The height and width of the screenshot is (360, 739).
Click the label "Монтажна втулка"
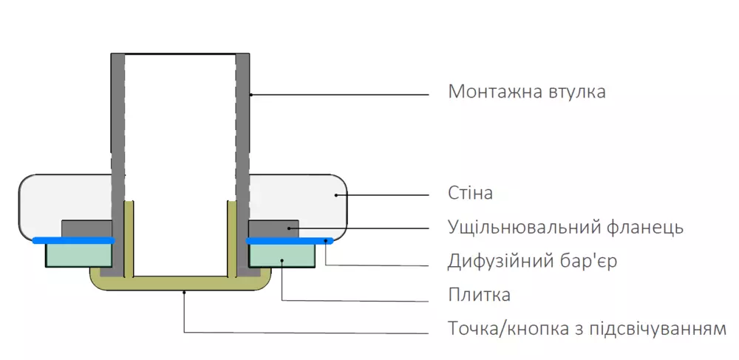pyautogui.click(x=527, y=92)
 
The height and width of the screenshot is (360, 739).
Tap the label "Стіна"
pyautogui.click(x=470, y=194)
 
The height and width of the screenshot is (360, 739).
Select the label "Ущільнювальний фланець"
pyautogui.click(x=565, y=227)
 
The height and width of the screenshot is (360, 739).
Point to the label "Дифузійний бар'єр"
pyautogui.click(x=532, y=262)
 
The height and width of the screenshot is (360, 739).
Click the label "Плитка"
pyautogui.click(x=479, y=295)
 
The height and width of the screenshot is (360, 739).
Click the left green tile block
pyautogui.click(x=78, y=254)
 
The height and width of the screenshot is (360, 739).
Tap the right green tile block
pyautogui.click(x=281, y=254)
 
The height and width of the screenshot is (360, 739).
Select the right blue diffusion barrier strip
pyautogui.click(x=288, y=240)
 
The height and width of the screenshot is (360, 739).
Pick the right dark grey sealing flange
pyautogui.click(x=273, y=228)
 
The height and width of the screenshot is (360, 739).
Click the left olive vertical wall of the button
pyautogui.click(x=128, y=237)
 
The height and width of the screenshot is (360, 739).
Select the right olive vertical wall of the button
pyautogui.click(x=231, y=237)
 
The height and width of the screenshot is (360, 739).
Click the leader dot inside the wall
pyautogui.click(x=336, y=195)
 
